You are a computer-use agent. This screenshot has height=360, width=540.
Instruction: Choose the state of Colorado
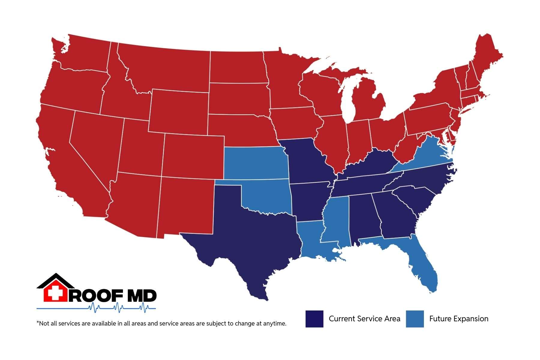click(193, 156)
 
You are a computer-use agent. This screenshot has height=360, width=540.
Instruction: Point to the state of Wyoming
click(178, 111)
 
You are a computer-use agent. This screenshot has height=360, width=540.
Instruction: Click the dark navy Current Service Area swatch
click(314, 319)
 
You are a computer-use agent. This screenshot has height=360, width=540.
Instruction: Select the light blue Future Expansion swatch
click(415, 319)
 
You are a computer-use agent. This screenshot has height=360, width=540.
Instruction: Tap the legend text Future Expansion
click(458, 319)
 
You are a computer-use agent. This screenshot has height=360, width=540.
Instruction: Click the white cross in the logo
click(55, 293)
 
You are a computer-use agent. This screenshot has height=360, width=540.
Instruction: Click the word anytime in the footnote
click(275, 324)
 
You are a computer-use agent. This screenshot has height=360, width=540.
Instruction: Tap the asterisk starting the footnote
click(38, 323)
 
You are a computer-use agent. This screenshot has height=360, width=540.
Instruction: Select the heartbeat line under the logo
click(96, 308)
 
